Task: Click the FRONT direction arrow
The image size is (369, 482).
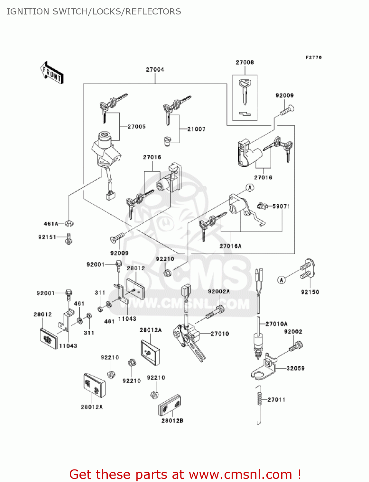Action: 52,73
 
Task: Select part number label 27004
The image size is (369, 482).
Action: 155,70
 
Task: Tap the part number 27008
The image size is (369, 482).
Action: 245,63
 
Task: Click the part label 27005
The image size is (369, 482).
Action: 137,127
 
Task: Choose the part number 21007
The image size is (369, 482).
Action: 197,129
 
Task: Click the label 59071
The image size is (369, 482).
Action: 281,206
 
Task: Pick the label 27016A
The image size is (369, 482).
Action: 230,246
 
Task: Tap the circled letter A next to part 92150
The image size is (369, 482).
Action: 281,280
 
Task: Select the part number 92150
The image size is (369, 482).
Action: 310,292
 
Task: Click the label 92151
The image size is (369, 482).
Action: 47,237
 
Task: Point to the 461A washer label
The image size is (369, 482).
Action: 51,224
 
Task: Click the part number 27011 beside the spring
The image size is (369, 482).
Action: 276,400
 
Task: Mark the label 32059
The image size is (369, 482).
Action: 296,369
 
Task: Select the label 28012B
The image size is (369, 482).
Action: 172,421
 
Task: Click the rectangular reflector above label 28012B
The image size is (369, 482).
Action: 170,405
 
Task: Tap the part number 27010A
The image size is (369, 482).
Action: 277,324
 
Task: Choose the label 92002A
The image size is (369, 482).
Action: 219,291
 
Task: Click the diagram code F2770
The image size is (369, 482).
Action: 314,58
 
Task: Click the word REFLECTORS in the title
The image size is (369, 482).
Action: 153,12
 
